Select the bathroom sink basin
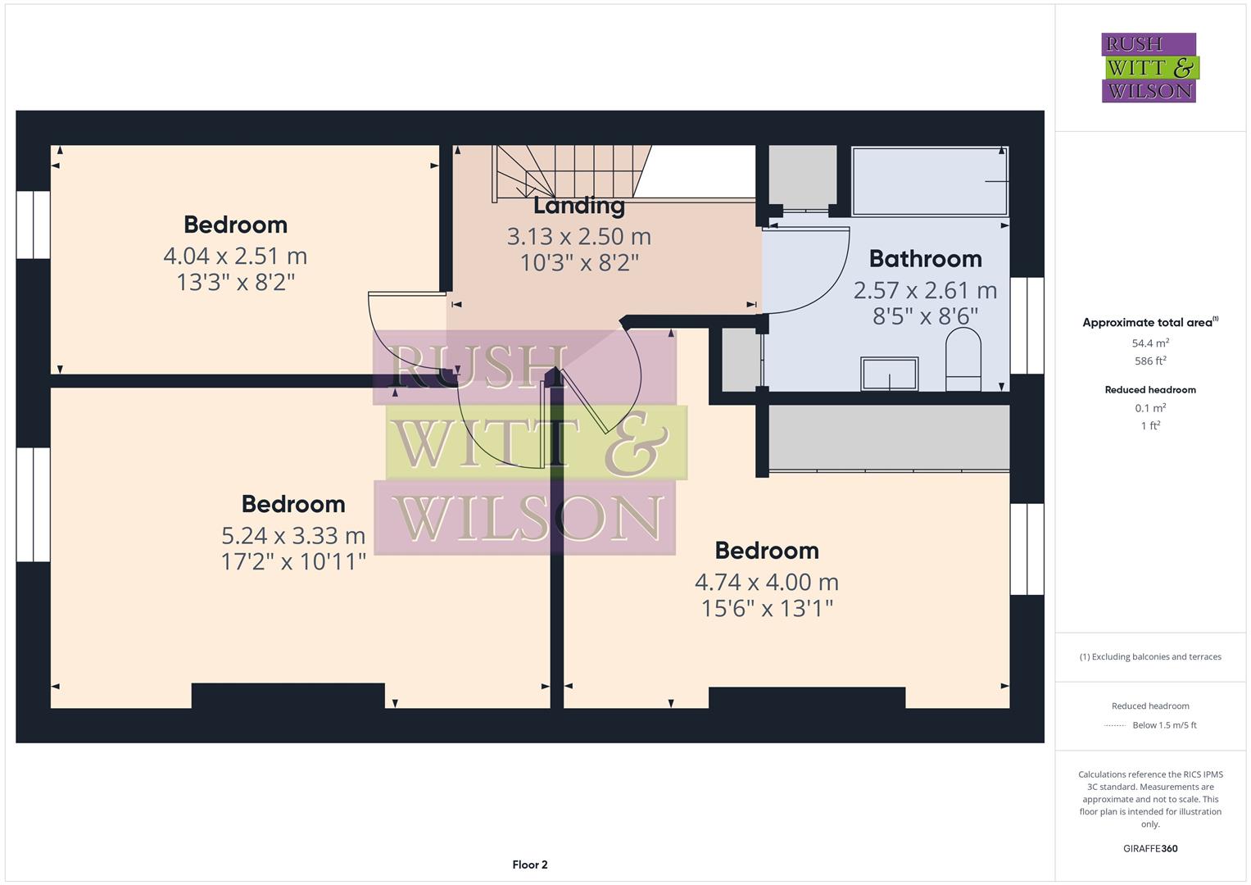[x=890, y=374]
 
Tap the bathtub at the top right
[x=930, y=181]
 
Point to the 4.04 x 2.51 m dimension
[x=235, y=256]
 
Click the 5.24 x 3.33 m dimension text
[x=293, y=536]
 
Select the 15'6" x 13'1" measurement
[x=767, y=609]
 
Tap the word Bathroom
[x=925, y=259]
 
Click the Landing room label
[x=579, y=206]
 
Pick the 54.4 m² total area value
[x=1150, y=343]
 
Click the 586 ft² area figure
[x=1150, y=361]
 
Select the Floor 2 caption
[x=530, y=865]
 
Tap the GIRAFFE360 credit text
[x=1150, y=849]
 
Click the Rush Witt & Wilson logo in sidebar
[x=1149, y=68]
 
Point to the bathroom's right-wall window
[x=1027, y=325]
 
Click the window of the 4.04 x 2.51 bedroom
[x=34, y=225]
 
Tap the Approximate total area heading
[x=1149, y=323]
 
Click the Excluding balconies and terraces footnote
[x=1150, y=657]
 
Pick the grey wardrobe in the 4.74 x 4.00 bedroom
[x=889, y=438]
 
